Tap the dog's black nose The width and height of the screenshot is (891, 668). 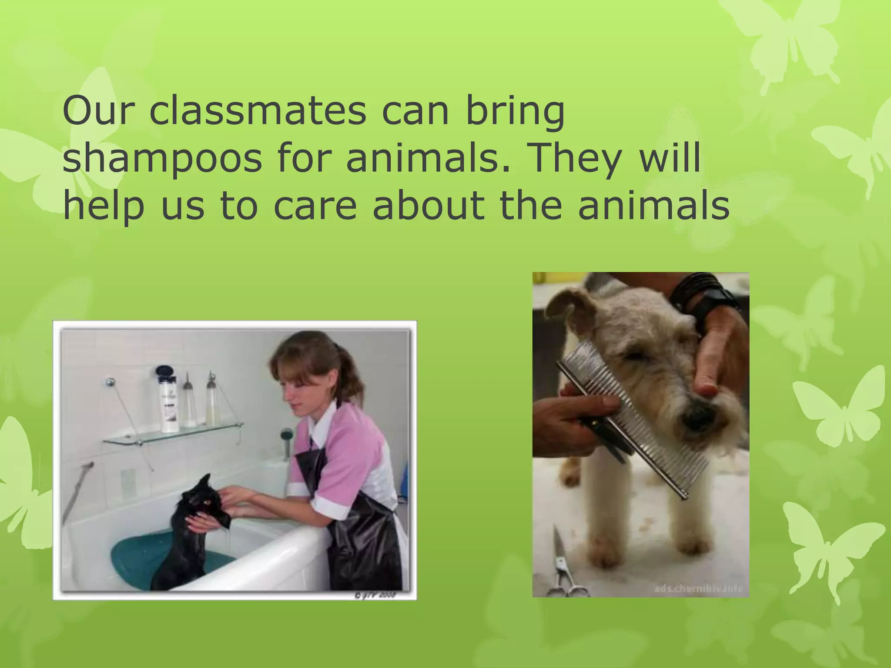(x=696, y=417)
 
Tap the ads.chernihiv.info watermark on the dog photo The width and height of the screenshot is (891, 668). (x=700, y=589)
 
